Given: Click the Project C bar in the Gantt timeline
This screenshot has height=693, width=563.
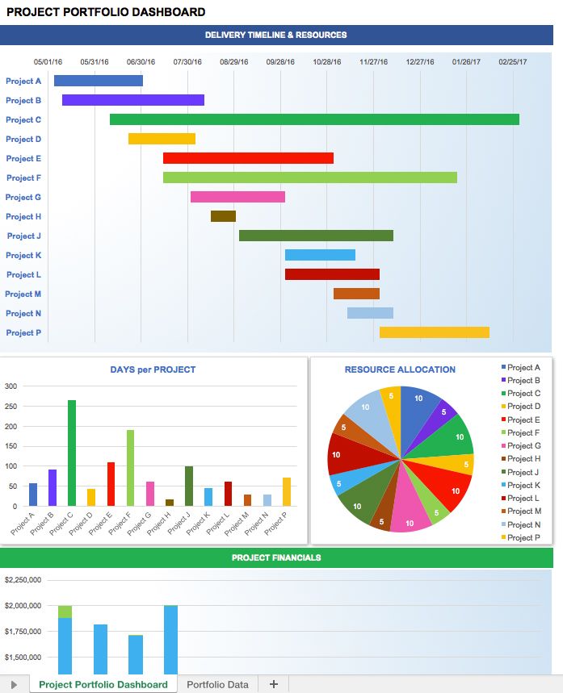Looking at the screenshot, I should [314, 119].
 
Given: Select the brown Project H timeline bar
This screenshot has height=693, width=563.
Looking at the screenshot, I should [223, 216].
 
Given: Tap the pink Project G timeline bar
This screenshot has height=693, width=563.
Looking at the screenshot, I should [237, 197].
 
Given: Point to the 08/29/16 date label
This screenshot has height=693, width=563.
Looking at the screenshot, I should [234, 62].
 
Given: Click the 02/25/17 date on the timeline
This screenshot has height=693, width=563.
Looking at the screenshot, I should [512, 62].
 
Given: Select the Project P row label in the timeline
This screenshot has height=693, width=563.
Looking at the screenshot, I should [23, 332].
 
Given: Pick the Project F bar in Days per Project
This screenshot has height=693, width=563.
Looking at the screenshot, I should [130, 468].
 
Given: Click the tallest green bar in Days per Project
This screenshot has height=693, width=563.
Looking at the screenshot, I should [72, 453].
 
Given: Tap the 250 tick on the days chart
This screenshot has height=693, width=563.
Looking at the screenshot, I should [11, 406].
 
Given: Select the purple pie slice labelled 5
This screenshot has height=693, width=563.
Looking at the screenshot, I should [442, 411].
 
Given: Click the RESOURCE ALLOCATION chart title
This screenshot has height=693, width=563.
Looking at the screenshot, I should [400, 369].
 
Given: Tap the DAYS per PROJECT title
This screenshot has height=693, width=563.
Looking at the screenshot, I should [153, 369].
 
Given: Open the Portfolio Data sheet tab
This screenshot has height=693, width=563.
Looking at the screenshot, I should [217, 684].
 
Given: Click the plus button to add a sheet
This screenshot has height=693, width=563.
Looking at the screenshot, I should [273, 684].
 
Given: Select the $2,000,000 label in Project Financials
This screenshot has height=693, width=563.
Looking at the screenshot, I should [23, 606].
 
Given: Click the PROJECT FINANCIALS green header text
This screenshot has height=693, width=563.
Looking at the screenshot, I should [276, 557].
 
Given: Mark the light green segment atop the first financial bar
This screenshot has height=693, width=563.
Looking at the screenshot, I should [65, 612].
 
